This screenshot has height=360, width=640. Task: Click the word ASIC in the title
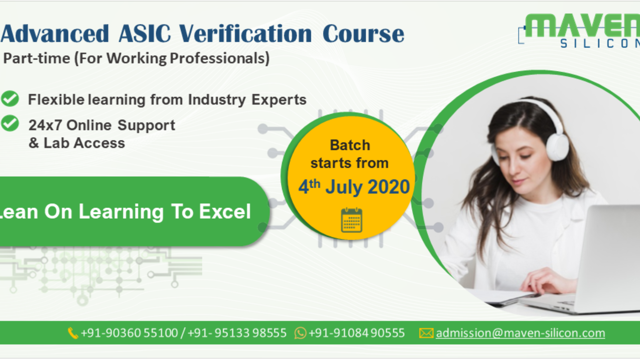(x=145, y=34)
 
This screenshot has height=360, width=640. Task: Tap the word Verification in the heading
(x=245, y=34)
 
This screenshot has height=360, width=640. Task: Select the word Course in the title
(x=363, y=34)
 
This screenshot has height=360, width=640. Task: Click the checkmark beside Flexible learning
(x=10, y=99)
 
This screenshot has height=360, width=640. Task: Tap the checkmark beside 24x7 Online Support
(x=10, y=123)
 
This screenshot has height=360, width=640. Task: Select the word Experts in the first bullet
(x=279, y=100)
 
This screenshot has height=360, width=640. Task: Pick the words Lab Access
(x=84, y=143)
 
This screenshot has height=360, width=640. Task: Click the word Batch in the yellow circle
(x=350, y=145)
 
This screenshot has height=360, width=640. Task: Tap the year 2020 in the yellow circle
(x=389, y=187)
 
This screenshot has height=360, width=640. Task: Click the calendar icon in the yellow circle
(x=351, y=220)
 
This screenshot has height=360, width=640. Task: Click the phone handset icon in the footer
(x=73, y=333)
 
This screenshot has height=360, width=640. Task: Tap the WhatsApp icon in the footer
(x=300, y=333)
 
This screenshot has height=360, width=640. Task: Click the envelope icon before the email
(x=426, y=333)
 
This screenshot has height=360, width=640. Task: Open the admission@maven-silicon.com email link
(x=520, y=333)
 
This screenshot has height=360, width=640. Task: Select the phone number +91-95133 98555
(x=237, y=333)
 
